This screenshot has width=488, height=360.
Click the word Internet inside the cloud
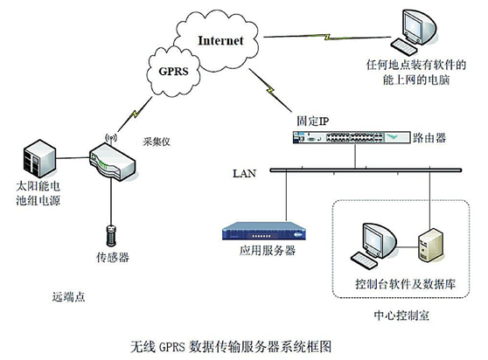pos(220,40)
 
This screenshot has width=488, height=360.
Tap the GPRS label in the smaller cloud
pos(174,71)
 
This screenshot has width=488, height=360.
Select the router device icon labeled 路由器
pos(352,137)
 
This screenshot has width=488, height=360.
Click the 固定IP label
pos(312,121)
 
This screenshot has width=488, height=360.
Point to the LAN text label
pos(245,173)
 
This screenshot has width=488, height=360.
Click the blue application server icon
pos(264,231)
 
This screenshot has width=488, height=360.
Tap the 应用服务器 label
pos(268,251)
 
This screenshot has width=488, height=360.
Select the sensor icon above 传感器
pos(111,236)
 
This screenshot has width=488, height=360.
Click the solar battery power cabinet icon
pos(40,159)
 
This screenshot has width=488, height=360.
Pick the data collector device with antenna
pos(112,159)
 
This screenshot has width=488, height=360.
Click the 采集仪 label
pos(157,142)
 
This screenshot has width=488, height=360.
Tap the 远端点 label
pos(68,297)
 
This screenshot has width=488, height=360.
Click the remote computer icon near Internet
pos(414,32)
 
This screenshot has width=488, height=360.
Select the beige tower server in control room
pos(430,245)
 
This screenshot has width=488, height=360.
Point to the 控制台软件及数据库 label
pos(406,284)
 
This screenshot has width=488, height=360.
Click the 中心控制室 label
pos(401,315)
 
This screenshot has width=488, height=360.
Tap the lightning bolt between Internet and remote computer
pos(327,37)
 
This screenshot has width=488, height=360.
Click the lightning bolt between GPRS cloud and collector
pos(135,114)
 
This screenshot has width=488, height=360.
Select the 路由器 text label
pos(429,138)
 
